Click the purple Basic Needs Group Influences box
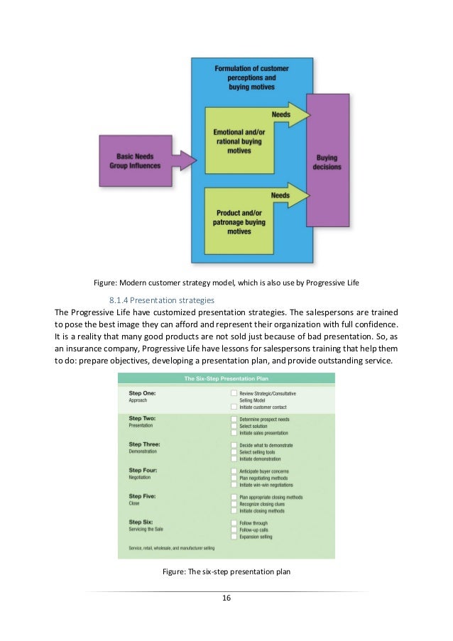pyautogui.click(x=135, y=161)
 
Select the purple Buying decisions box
pyautogui.click(x=327, y=161)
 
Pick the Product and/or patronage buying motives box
pyautogui.click(x=237, y=221)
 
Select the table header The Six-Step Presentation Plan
pyautogui.click(x=226, y=378)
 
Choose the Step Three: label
pyautogui.click(x=143, y=444)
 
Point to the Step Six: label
pyautogui.click(x=141, y=522)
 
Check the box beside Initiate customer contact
pyautogui.click(x=234, y=407)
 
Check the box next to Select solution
pyautogui.click(x=234, y=426)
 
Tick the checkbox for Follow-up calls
pyautogui.click(x=234, y=530)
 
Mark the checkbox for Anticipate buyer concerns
pyautogui.click(x=234, y=471)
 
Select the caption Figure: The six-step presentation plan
pyautogui.click(x=226, y=573)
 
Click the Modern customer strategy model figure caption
pyautogui.click(x=226, y=283)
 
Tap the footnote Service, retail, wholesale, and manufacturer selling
pyautogui.click(x=171, y=548)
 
